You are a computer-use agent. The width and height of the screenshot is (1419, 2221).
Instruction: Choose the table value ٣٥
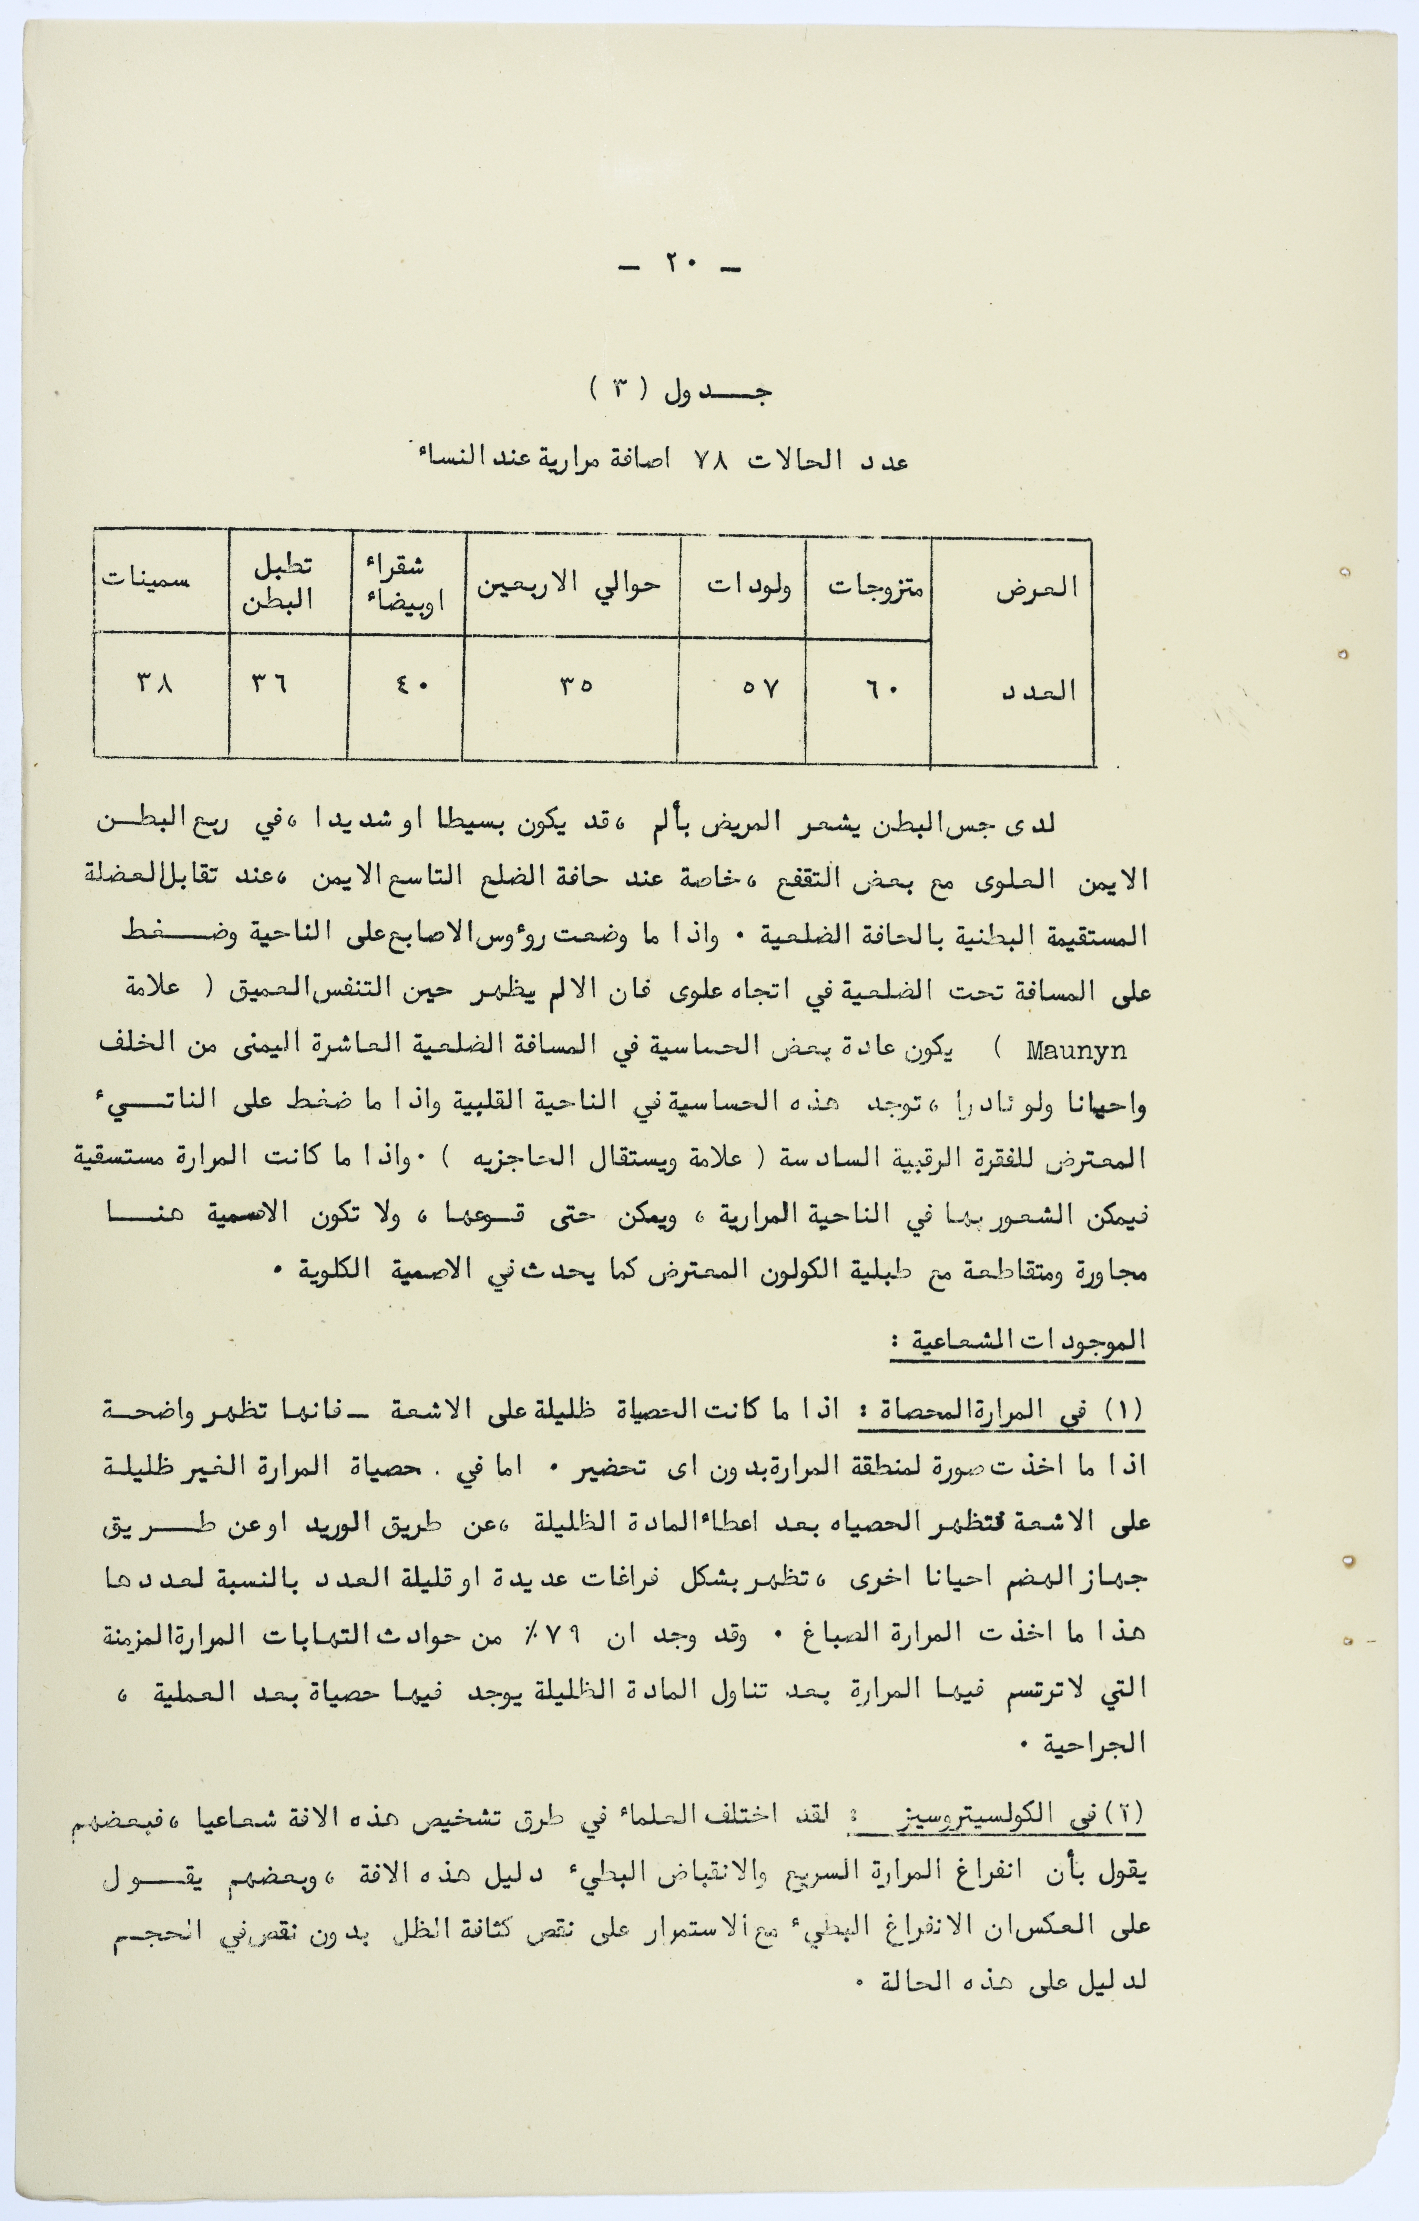tap(574, 686)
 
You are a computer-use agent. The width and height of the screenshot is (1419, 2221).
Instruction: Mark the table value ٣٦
tap(269, 685)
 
